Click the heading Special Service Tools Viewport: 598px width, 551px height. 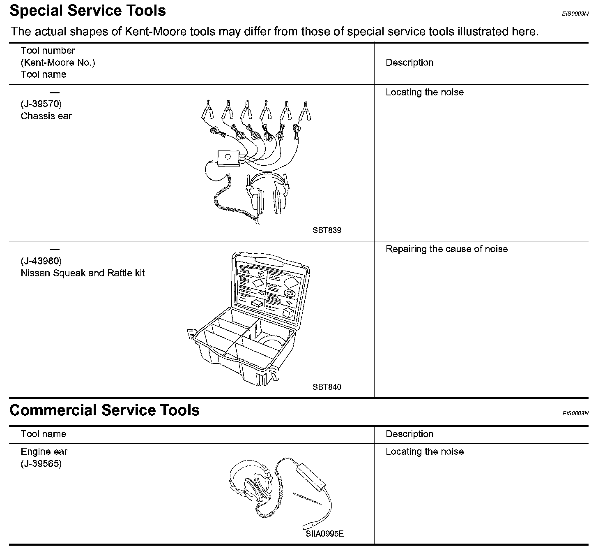tap(87, 11)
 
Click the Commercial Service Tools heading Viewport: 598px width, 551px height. tap(104, 410)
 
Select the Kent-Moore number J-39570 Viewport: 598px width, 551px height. tap(41, 104)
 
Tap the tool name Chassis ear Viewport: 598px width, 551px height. tap(46, 116)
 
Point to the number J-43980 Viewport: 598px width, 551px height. tap(41, 261)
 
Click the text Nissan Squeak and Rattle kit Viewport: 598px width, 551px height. tap(83, 273)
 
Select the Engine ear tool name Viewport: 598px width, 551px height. tap(44, 451)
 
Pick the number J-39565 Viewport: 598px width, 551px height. tap(41, 463)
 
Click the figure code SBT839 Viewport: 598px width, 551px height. tap(327, 230)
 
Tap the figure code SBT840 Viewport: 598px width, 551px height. tap(327, 387)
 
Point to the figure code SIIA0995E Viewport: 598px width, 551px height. tap(324, 534)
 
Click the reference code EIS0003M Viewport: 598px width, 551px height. tap(575, 14)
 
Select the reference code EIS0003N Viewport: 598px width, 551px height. tap(575, 413)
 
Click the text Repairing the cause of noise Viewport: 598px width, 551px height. tap(446, 249)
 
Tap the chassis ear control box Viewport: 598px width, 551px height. tap(228, 158)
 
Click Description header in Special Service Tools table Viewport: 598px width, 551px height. tap(409, 63)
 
